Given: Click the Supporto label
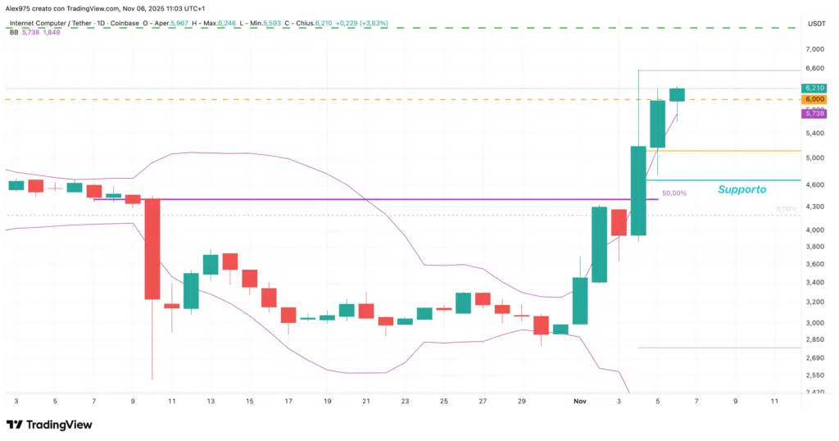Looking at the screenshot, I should point(741,189).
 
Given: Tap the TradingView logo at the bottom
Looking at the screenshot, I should point(49,425).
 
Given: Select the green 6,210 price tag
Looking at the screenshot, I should point(814,88).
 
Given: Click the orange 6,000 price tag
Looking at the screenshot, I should point(814,99).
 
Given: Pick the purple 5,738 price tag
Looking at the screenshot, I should point(814,113).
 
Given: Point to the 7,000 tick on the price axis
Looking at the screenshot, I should point(814,49).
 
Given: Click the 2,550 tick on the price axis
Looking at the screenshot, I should point(814,375).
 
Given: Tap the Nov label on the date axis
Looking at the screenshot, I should point(580,402).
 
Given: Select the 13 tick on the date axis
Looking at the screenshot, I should point(211,402).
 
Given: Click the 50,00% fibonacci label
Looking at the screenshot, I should point(673,193).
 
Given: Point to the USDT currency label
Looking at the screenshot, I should point(816,24).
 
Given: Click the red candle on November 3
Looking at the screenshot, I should point(619,222).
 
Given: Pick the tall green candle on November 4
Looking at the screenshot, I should point(638,190).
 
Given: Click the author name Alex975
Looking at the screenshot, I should point(21,7).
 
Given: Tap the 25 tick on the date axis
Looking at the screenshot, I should point(444,402).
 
